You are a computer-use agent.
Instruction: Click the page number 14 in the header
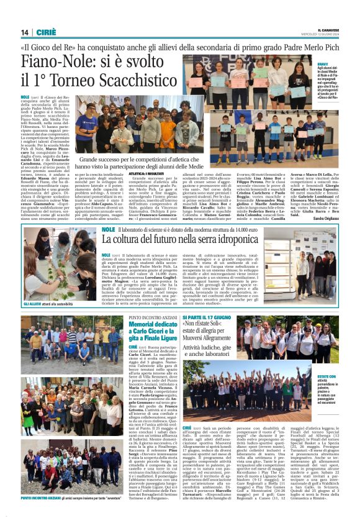click(25, 32)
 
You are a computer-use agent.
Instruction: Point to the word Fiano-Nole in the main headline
click(56, 61)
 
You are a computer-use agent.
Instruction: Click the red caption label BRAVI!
click(322, 63)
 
